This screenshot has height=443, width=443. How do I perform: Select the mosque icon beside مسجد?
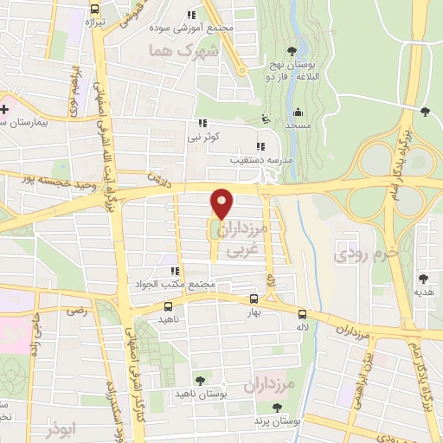(x=299, y=112)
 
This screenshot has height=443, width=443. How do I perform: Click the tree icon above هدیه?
(x=423, y=279)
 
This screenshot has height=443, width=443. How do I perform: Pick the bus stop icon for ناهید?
(x=167, y=306)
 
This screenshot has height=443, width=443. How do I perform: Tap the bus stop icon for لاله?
(x=302, y=314)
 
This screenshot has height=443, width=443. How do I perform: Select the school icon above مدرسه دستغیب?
(x=260, y=146)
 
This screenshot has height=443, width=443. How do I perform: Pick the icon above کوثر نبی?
(x=202, y=124)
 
